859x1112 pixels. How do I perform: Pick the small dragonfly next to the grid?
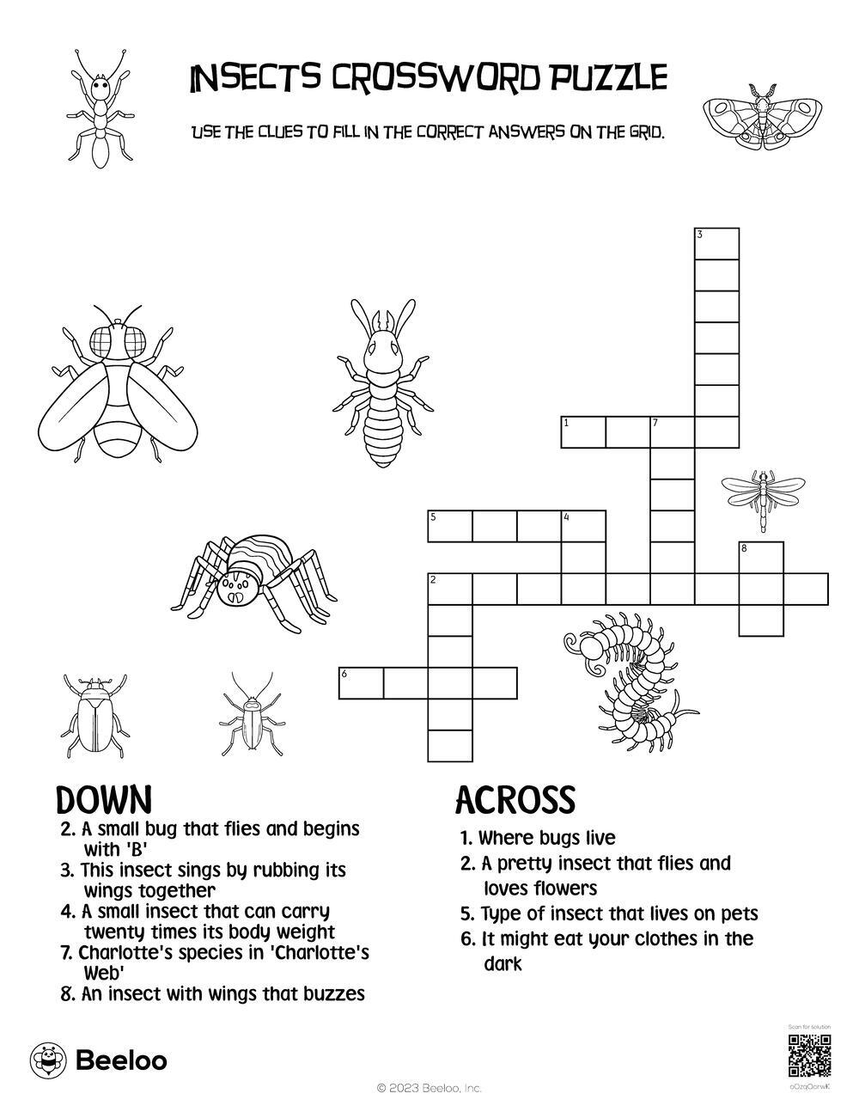761,498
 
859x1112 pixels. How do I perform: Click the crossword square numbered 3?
716,243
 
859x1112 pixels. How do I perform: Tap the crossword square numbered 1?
582,432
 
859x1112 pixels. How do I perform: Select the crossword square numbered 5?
449,526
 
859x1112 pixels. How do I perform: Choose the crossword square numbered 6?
361,682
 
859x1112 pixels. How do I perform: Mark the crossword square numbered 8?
761,557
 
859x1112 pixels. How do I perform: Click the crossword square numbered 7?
672,432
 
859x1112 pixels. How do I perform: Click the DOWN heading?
104,800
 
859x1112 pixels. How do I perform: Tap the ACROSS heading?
515,800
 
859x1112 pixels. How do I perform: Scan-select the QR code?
809,1056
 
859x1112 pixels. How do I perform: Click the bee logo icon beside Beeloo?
48,1060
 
